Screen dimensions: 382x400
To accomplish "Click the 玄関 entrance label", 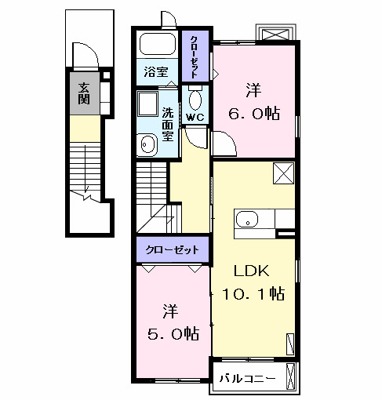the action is [84, 93].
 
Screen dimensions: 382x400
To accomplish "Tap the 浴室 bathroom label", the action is [156, 72].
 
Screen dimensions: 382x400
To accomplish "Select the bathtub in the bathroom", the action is [157, 44].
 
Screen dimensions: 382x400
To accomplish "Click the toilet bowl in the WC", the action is [195, 99].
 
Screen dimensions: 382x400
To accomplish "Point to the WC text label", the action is [195, 118].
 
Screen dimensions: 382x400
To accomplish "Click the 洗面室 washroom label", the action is [167, 125].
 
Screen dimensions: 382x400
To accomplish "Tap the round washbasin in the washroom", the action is [147, 144].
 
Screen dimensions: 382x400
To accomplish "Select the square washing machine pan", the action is [147, 104].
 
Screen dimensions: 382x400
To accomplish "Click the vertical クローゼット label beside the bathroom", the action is [194, 56].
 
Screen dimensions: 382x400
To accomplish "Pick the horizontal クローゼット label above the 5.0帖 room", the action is [172, 249].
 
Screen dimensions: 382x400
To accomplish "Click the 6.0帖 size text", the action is [254, 114].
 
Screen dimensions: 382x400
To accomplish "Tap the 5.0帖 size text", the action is [173, 333].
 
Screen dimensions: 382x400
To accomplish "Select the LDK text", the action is [251, 271].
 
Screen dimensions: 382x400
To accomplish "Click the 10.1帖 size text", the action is [253, 293].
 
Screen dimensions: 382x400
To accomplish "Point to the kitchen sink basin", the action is [247, 219].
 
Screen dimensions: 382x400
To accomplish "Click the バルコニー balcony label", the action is [247, 379].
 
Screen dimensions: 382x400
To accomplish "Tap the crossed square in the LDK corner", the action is [283, 173].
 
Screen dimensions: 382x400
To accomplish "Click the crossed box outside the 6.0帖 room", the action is [275, 35].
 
